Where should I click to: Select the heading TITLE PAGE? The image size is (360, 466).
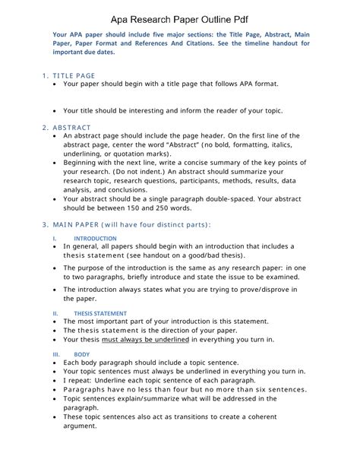(74, 76)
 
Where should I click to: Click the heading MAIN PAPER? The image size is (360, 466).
(80, 223)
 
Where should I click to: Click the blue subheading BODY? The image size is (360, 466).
(82, 354)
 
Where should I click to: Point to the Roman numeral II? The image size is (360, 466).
(55, 312)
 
